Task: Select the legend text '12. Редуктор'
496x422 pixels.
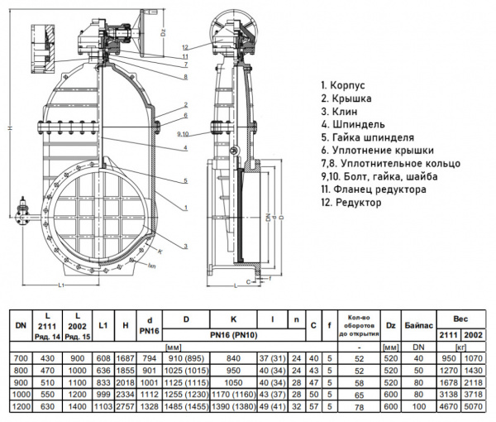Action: coord(351,203)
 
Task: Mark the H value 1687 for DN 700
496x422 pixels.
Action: coord(126,357)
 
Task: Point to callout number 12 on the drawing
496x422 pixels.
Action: coord(187,46)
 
